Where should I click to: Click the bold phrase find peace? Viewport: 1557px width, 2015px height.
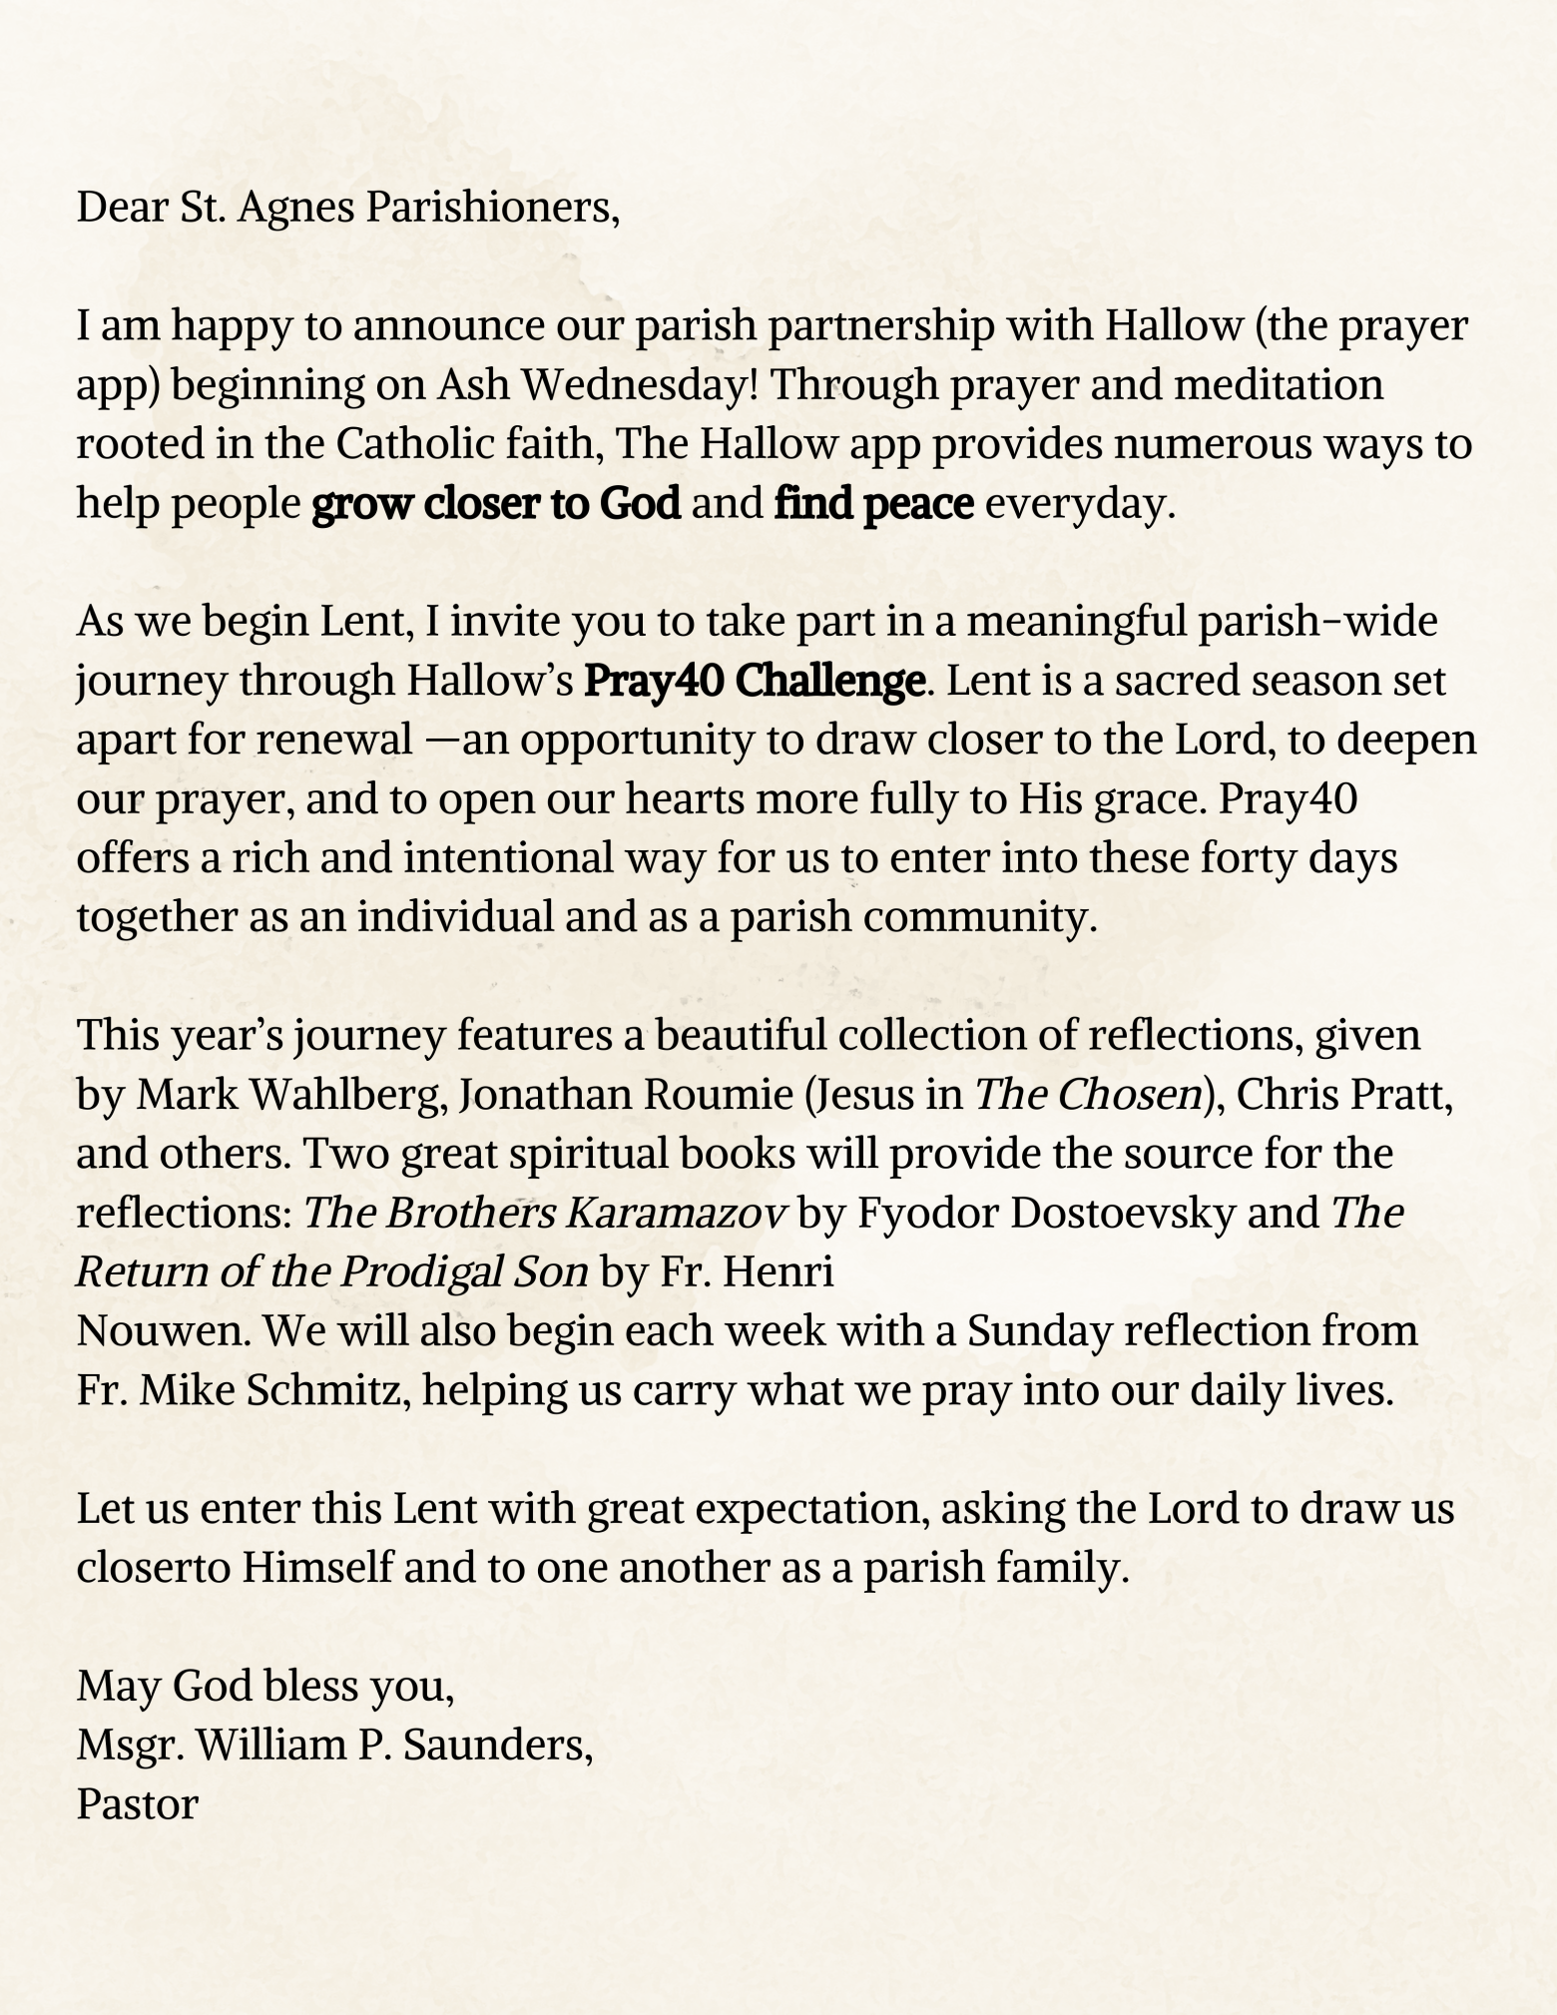[873, 503]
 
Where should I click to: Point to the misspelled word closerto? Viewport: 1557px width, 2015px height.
[154, 1568]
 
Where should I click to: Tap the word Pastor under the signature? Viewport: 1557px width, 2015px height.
[138, 1803]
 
